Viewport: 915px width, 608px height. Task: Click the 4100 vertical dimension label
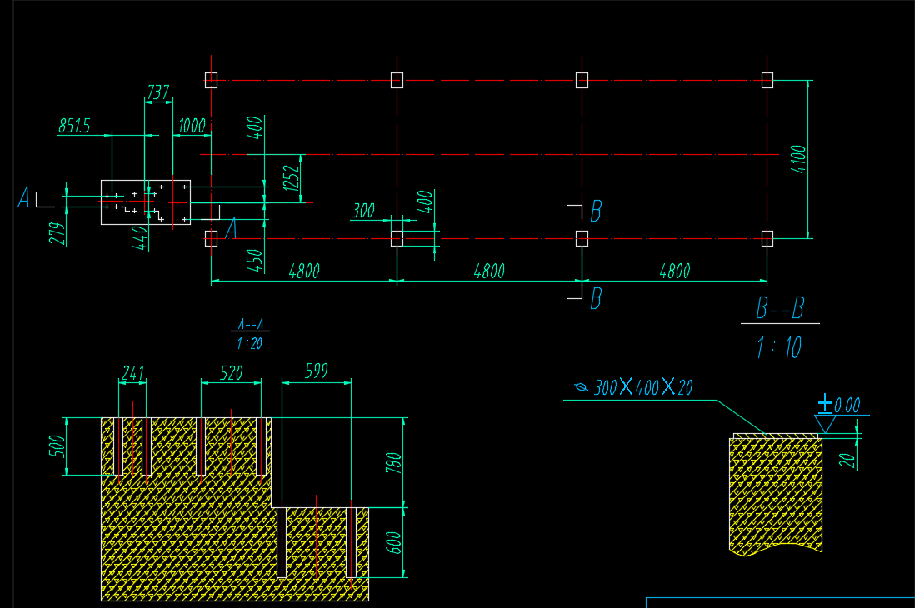click(798, 158)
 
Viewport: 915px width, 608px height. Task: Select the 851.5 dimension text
click(73, 126)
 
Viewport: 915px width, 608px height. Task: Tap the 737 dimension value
click(157, 92)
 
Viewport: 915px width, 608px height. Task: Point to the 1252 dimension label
click(291, 177)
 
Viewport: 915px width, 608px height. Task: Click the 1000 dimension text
click(192, 126)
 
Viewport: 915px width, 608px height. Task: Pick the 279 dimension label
click(57, 233)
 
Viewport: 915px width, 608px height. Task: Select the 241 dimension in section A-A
click(132, 372)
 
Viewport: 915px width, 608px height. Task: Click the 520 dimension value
click(231, 372)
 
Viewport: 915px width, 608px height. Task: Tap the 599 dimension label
click(316, 372)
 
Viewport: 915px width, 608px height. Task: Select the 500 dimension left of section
click(55, 446)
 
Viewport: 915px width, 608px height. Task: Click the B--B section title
click(780, 309)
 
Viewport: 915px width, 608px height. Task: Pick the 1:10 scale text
click(780, 346)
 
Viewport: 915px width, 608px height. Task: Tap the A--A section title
click(250, 325)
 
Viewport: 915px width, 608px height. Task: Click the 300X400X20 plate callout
click(642, 387)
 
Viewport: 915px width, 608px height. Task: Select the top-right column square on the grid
click(767, 80)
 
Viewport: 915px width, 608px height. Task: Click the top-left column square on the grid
click(211, 80)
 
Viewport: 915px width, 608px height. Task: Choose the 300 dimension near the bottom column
click(363, 211)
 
